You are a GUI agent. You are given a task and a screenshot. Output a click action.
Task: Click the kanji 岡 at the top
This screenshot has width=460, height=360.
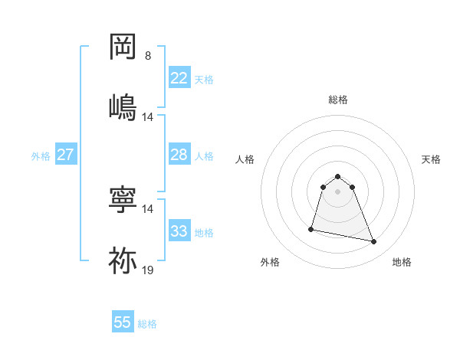(x=123, y=47)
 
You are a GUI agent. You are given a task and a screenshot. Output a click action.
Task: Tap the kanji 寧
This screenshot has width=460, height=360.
(x=123, y=200)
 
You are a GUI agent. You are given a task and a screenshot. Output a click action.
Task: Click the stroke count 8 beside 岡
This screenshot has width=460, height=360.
(x=148, y=56)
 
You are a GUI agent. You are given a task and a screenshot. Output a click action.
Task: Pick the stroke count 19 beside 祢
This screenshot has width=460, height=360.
(x=148, y=270)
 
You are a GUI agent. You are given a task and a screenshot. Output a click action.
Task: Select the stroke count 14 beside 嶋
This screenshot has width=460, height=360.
(x=148, y=117)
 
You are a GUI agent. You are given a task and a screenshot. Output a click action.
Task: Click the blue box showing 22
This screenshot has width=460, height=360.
(x=179, y=78)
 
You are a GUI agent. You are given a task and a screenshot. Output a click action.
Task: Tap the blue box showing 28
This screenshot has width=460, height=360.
(x=179, y=155)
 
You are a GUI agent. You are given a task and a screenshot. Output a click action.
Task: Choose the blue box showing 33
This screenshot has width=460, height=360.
(x=179, y=231)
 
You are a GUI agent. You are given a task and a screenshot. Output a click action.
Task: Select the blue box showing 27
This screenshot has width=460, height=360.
(x=65, y=155)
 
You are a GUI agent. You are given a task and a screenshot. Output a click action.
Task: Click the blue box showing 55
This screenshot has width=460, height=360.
(x=123, y=322)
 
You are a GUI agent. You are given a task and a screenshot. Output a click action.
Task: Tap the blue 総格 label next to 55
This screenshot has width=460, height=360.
(x=147, y=324)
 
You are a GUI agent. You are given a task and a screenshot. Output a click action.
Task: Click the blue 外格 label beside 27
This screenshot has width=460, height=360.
(x=41, y=156)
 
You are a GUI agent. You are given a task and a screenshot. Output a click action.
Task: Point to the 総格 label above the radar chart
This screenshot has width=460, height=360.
(x=338, y=100)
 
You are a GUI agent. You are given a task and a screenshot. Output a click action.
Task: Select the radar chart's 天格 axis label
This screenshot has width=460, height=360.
(x=431, y=159)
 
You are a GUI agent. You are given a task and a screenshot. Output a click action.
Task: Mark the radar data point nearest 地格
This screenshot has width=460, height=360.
(x=374, y=242)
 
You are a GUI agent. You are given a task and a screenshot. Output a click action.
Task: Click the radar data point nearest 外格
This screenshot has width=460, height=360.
(x=311, y=228)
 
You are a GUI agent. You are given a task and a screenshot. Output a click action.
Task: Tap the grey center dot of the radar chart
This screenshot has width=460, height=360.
(x=338, y=191)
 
